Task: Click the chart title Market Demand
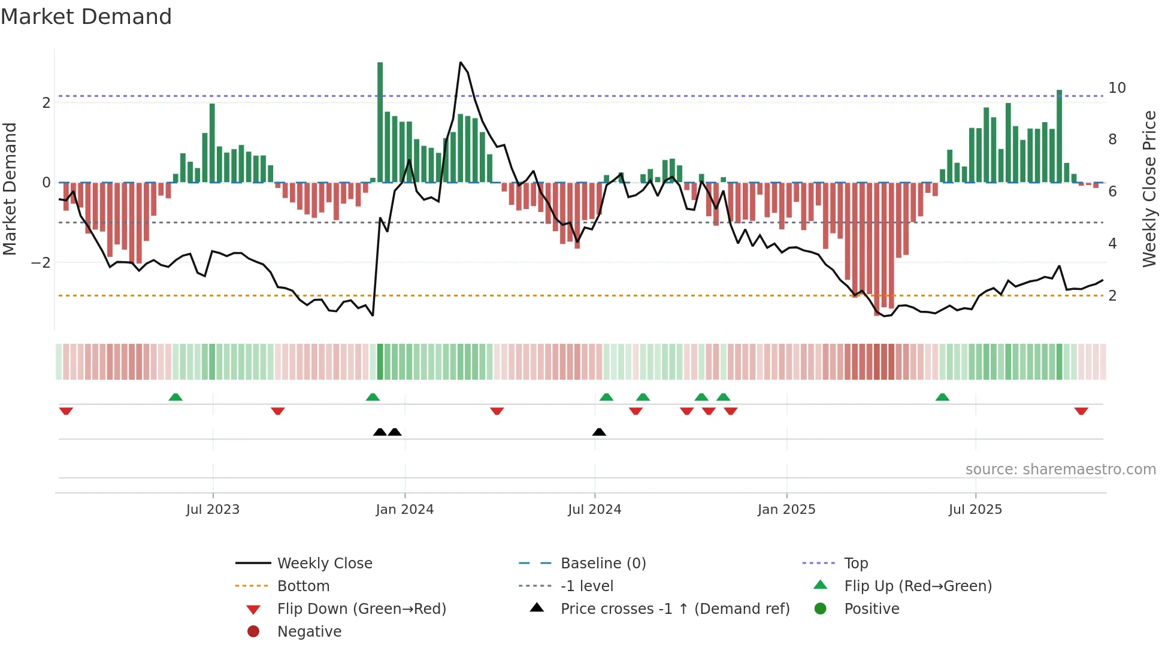[x=86, y=17]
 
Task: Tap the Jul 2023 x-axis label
[x=213, y=510]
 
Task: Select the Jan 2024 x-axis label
[x=404, y=510]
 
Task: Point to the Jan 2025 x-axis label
[x=786, y=510]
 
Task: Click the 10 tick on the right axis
[x=1116, y=88]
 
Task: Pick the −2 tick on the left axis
[x=41, y=263]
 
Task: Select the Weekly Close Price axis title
[x=1149, y=189]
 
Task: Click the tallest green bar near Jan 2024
[x=380, y=120]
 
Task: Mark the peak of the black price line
[x=460, y=62]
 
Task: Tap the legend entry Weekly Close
[x=324, y=564]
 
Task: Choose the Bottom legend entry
[x=303, y=586]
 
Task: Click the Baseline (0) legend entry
[x=603, y=564]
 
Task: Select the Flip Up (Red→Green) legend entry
[x=918, y=586]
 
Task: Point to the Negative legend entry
[x=309, y=632]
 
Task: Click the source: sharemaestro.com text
[x=1060, y=470]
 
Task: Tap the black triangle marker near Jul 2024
[x=599, y=432]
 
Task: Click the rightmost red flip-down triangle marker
[x=1081, y=411]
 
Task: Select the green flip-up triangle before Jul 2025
[x=942, y=397]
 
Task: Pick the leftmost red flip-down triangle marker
[x=66, y=411]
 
